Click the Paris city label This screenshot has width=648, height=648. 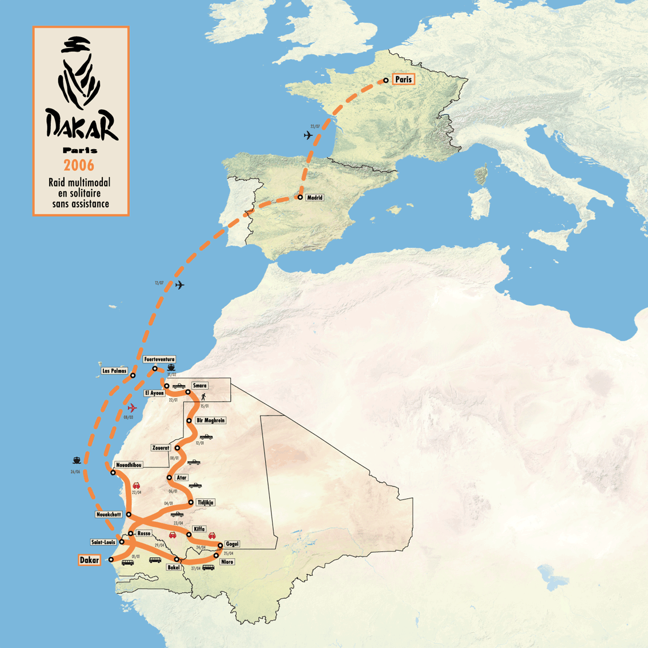403,79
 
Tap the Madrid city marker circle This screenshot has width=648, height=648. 301,197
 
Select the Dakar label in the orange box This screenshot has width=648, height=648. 89,560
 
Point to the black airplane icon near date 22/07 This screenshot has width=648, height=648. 309,135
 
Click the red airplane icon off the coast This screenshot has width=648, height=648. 132,408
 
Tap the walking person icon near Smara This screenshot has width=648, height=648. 202,395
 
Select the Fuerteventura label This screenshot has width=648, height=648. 159,359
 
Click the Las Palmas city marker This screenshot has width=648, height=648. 133,375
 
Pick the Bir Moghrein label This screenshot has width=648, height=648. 211,421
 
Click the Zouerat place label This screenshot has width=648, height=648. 161,448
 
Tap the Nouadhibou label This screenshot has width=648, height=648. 129,465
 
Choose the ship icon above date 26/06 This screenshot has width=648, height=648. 77,460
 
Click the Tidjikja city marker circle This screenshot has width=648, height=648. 191,503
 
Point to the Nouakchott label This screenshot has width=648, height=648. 109,515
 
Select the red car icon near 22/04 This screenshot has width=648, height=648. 137,486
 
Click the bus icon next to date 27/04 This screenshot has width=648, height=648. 209,567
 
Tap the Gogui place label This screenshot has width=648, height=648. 232,544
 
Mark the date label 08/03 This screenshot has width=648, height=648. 128,417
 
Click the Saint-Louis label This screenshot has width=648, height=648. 103,542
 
